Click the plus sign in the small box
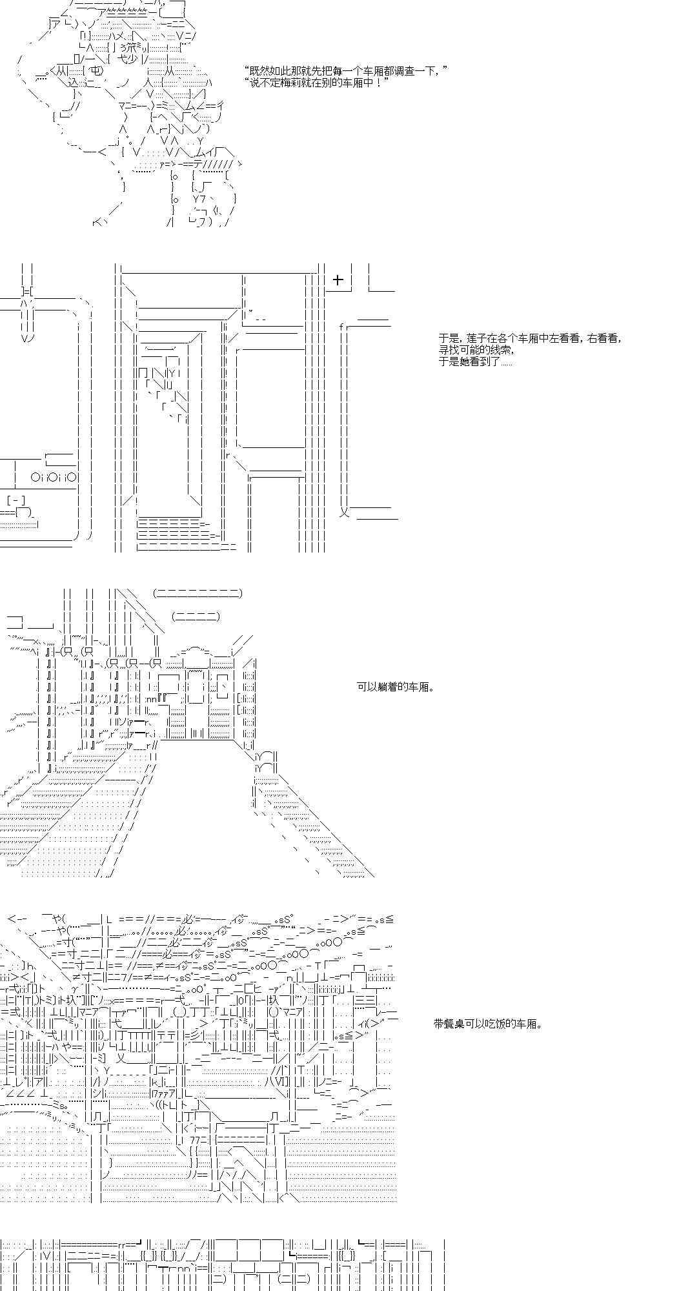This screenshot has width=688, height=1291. click(x=338, y=280)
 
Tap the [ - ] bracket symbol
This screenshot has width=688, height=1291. click(x=16, y=500)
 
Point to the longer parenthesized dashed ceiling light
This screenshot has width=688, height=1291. click(x=198, y=593)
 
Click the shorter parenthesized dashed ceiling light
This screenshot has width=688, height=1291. click(x=196, y=616)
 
